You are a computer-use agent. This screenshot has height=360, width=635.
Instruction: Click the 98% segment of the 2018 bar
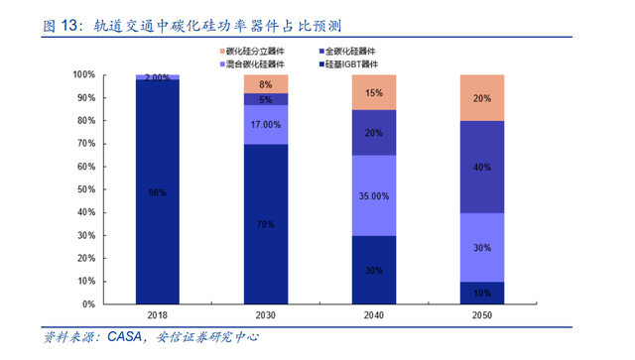point(157,191)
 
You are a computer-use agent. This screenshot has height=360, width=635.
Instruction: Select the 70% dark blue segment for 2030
point(266,224)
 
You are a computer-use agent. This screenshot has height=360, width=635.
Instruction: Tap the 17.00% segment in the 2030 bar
point(266,125)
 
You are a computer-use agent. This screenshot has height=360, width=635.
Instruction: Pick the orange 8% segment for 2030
point(266,84)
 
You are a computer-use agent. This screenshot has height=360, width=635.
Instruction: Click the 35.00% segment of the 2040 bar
point(374,195)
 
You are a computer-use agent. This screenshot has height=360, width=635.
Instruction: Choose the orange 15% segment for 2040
point(374,92)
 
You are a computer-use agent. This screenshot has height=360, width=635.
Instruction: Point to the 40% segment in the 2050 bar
point(482,167)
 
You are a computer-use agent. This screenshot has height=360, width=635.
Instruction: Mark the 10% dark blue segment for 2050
point(482,293)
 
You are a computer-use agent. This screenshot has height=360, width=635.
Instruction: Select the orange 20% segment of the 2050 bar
point(482,98)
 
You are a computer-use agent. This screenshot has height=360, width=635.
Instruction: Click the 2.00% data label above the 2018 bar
point(157,77)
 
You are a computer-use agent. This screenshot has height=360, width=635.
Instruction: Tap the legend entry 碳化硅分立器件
point(252,52)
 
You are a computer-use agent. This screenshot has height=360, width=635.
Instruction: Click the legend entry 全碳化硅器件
point(347,52)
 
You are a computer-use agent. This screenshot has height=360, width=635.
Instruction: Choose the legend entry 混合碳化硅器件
point(252,64)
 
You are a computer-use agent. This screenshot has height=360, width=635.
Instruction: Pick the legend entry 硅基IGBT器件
point(348,64)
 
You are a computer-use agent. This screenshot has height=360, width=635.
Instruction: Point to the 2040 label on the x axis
point(374,315)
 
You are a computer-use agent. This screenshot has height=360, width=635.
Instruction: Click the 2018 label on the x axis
point(157,315)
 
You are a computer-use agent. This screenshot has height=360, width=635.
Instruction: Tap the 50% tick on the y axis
point(86,189)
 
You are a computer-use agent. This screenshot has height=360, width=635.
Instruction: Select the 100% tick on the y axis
point(83,74)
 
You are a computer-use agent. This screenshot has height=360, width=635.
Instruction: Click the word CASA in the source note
point(125,336)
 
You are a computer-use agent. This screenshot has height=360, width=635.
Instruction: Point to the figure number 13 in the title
point(68,26)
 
